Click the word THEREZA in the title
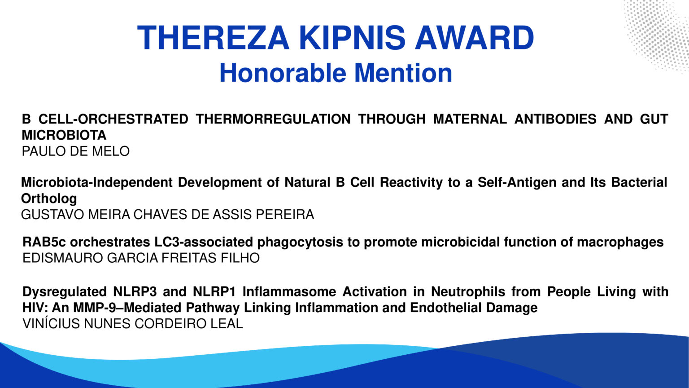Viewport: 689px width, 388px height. point(213,38)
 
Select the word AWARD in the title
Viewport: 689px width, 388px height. point(475,38)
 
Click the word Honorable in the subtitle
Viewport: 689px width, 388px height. point(283,73)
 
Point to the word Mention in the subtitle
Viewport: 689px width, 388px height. point(403,73)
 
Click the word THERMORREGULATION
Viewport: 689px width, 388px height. point(273,119)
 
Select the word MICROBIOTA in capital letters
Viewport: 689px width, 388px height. point(64,135)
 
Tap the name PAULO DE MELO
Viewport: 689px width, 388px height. point(76,151)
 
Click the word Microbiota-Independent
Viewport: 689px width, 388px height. point(96,182)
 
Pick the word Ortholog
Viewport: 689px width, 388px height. point(49,198)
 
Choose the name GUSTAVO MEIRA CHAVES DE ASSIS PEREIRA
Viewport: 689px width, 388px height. point(168,215)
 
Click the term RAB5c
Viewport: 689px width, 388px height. point(44,242)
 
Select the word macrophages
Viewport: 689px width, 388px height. point(620,242)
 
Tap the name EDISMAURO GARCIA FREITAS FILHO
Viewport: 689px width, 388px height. point(141,258)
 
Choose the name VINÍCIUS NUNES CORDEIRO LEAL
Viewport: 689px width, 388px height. point(133,323)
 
